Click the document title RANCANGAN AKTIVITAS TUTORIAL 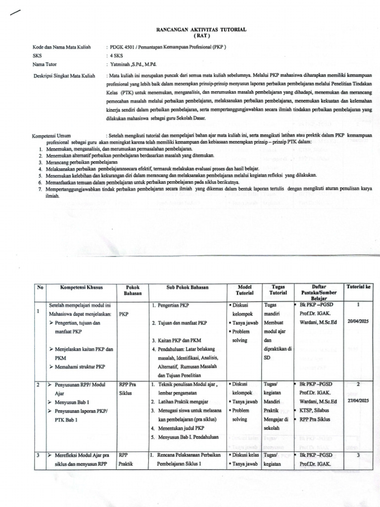(201, 30)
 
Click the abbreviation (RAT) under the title (201, 36)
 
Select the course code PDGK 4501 (124, 47)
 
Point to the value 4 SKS (117, 56)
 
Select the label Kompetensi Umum (51, 135)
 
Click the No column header (40, 287)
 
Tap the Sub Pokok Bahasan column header (187, 287)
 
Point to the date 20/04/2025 (359, 321)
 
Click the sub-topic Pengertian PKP (172, 305)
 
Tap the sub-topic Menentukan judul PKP (180, 428)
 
